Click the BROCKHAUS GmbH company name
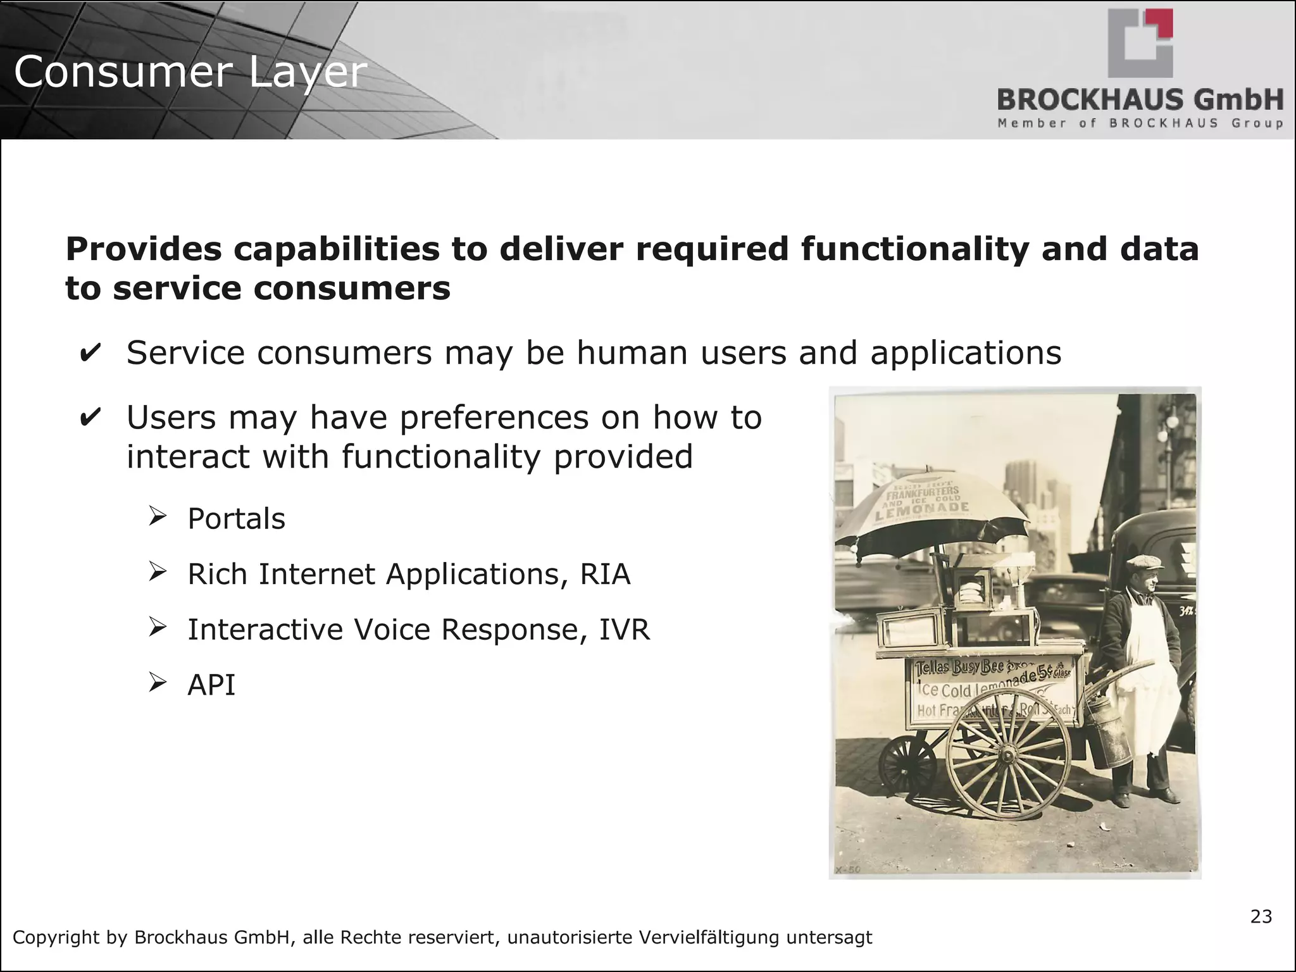click(x=1140, y=100)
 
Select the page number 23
click(x=1261, y=916)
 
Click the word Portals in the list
click(x=236, y=519)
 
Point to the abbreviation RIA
click(x=605, y=575)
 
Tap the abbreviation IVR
click(x=624, y=630)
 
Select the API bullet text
click(x=211, y=685)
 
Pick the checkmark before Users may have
click(x=90, y=418)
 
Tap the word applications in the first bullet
click(x=966, y=353)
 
